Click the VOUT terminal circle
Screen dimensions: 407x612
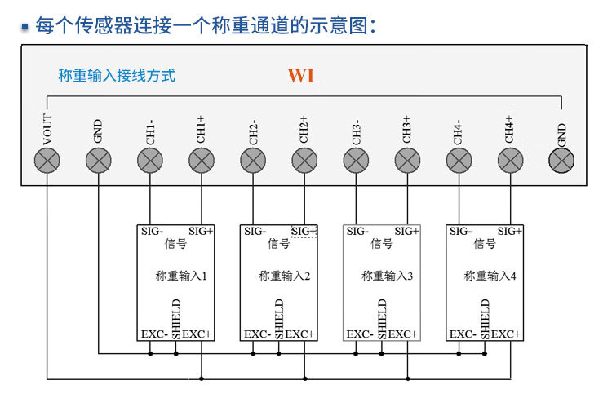tap(47, 161)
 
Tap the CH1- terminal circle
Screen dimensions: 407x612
tap(150, 161)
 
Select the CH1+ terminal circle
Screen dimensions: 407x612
tap(202, 161)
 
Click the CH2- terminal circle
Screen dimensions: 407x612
tap(253, 161)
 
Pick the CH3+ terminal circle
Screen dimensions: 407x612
tap(407, 161)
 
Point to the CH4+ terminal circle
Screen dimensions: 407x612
tap(510, 161)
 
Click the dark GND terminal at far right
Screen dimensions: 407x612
tap(561, 161)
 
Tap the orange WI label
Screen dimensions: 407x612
tap(300, 77)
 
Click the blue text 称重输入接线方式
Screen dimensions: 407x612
tap(117, 76)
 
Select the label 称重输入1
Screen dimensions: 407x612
tap(180, 276)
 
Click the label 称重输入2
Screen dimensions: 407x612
tap(284, 276)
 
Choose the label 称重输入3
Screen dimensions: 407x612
tap(387, 276)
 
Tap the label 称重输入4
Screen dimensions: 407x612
tap(490, 276)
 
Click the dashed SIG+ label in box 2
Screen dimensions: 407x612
tap(304, 232)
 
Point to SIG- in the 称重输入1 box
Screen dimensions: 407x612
tap(153, 232)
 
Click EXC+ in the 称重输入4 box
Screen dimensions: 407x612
tap(507, 334)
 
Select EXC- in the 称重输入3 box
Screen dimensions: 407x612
tap(360, 334)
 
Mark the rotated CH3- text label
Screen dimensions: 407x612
tap(356, 133)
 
